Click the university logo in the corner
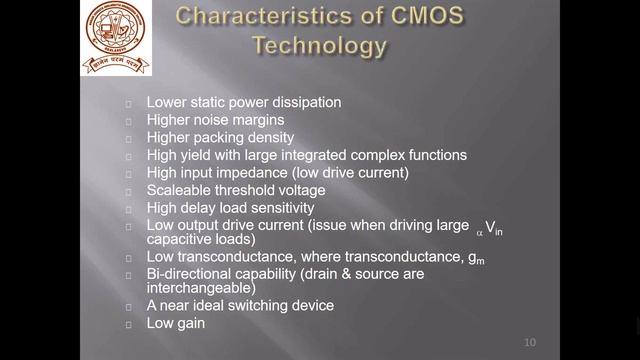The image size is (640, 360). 116,38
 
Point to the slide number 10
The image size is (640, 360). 531,343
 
